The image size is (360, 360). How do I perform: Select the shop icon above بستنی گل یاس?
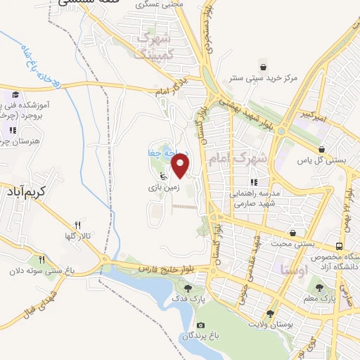pyautogui.click(x=321, y=149)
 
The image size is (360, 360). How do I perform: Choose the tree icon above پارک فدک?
pyautogui.click(x=188, y=288)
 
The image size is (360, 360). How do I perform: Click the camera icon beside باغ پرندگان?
pyautogui.click(x=201, y=325)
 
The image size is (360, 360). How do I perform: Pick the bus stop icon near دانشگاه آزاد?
pyautogui.click(x=340, y=247)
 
